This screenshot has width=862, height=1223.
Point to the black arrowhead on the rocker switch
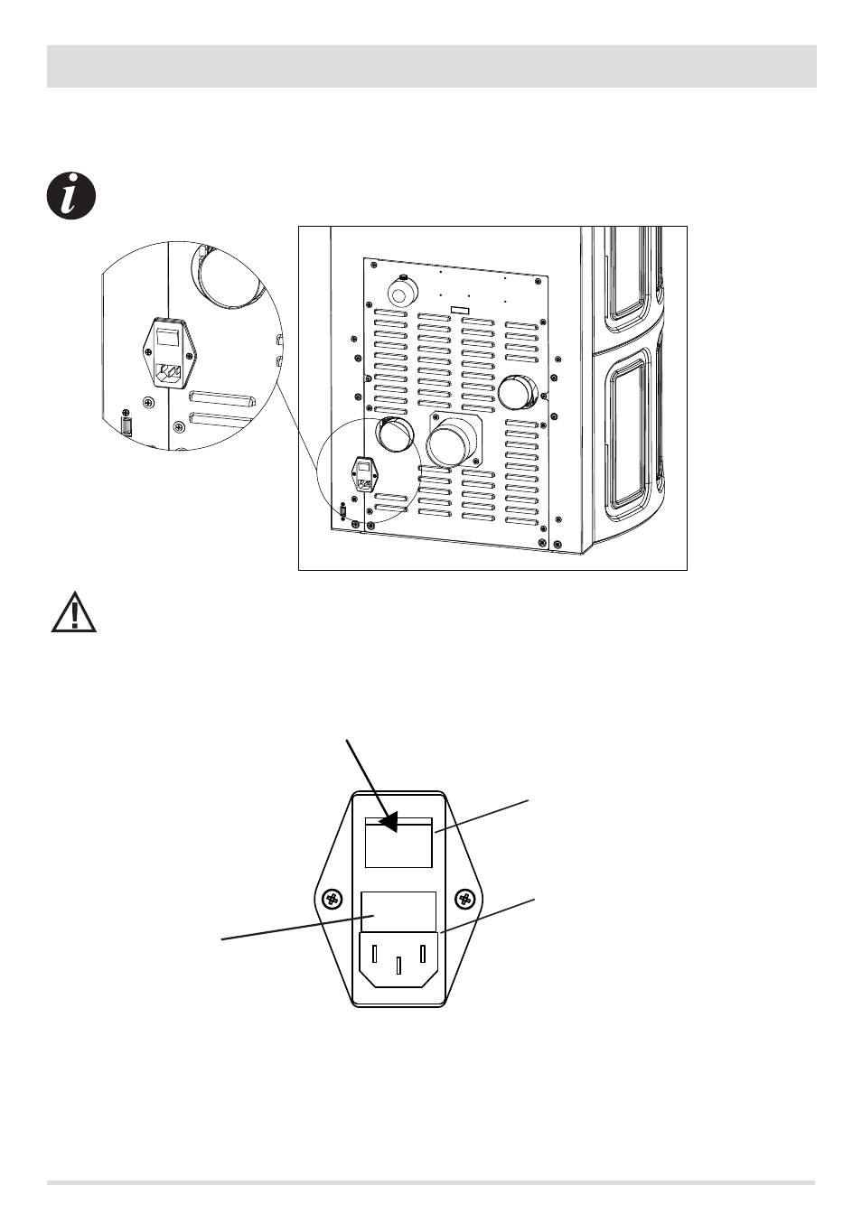pyautogui.click(x=388, y=821)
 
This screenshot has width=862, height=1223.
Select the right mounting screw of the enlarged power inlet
pyautogui.click(x=466, y=899)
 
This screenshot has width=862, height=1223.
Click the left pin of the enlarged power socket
pyautogui.click(x=375, y=956)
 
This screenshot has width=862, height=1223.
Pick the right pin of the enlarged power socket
pyautogui.click(x=422, y=956)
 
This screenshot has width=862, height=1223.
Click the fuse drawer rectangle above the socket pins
pyautogui.click(x=398, y=911)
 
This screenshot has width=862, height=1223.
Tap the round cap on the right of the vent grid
pyautogui.click(x=518, y=392)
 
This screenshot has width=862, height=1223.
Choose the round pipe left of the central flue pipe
pyautogui.click(x=393, y=436)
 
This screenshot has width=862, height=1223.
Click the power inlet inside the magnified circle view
pyautogui.click(x=170, y=353)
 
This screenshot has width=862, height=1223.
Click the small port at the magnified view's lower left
pyautogui.click(x=127, y=426)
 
